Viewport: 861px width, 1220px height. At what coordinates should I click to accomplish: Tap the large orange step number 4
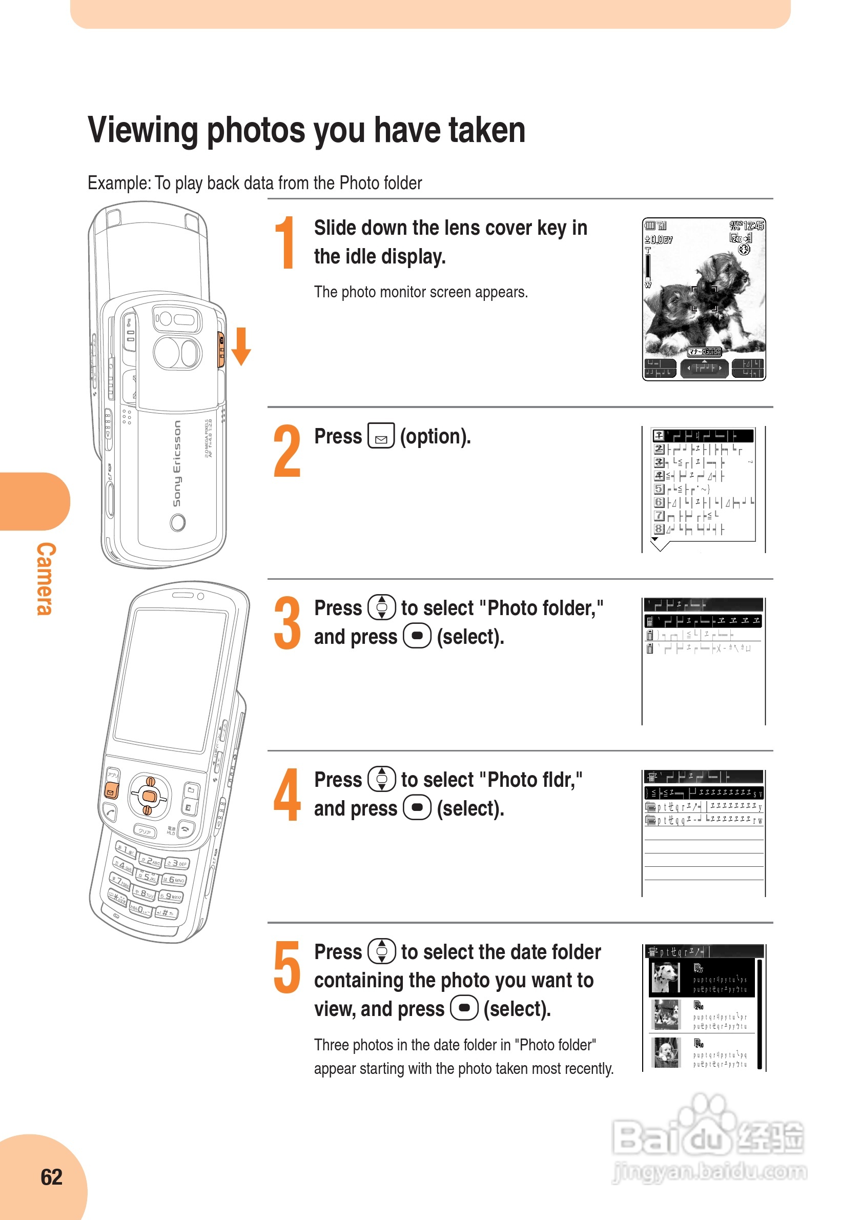pos(288,795)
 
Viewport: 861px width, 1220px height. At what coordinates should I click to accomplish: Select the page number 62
pos(52,1177)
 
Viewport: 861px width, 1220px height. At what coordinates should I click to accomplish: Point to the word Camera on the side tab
pos(46,579)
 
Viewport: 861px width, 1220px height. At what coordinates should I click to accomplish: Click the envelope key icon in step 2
pos(381,436)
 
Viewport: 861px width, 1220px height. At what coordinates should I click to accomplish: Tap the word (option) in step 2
pos(435,437)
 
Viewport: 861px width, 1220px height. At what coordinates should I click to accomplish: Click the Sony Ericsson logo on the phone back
pos(177,463)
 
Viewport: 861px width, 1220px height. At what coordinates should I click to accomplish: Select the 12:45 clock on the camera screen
pos(753,226)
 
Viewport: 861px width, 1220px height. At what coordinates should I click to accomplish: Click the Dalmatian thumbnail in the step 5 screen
pos(665,978)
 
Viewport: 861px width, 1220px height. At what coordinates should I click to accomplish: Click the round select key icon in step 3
pos(417,636)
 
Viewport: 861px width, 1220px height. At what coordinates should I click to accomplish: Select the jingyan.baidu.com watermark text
pos(710,1172)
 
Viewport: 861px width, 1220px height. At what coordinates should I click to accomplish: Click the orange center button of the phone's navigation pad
pos(149,796)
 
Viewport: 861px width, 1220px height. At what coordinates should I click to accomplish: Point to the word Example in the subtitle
pos(119,184)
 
